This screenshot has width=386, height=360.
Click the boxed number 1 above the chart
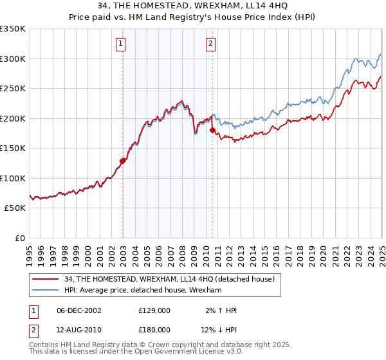[120, 44]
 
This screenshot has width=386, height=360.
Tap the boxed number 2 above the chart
[210, 44]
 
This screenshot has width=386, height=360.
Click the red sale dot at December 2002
[122, 161]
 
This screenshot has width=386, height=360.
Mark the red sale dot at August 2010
[212, 130]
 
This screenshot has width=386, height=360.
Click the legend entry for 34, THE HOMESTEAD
[170, 279]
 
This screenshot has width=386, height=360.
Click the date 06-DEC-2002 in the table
[79, 310]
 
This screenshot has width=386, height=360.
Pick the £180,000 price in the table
[154, 330]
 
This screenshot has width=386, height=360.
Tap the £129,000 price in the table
[154, 310]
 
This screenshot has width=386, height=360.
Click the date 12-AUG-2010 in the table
[79, 330]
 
